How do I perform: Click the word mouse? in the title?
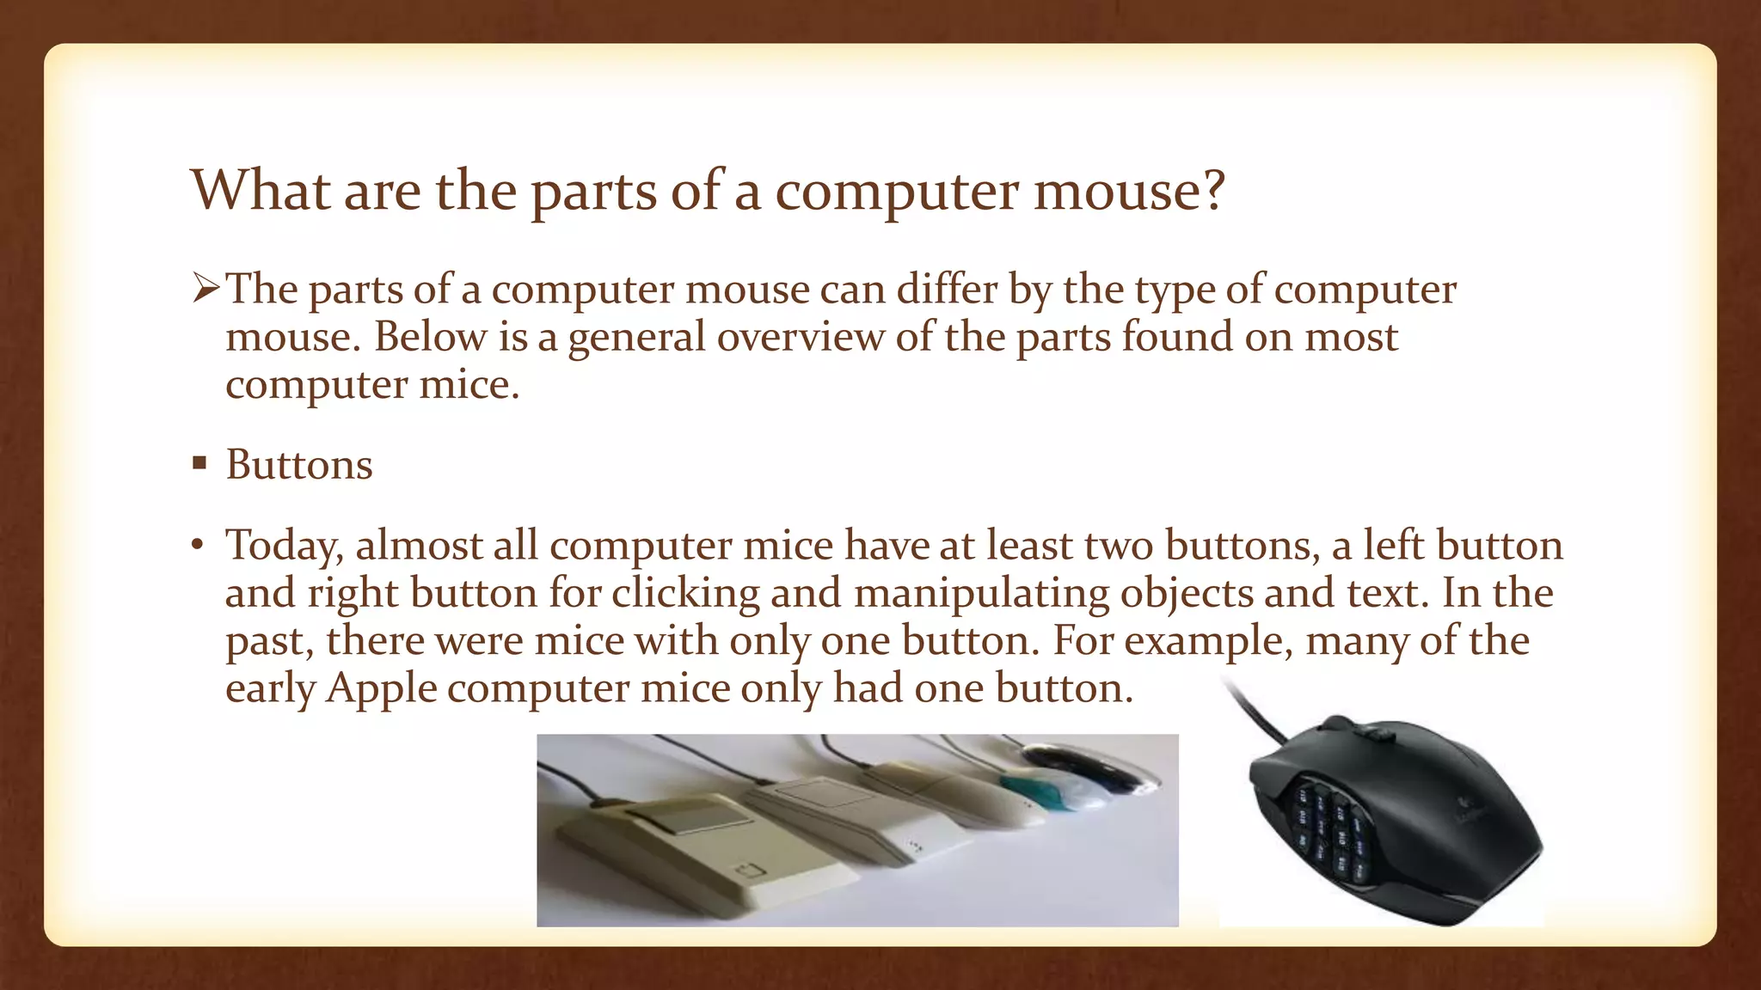pyautogui.click(x=1128, y=191)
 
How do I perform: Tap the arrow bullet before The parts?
pyautogui.click(x=206, y=289)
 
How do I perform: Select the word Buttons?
pyautogui.click(x=299, y=465)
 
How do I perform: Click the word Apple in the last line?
pyautogui.click(x=381, y=688)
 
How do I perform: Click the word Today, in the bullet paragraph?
pyautogui.click(x=284, y=547)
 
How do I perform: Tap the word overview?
pyautogui.click(x=800, y=336)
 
